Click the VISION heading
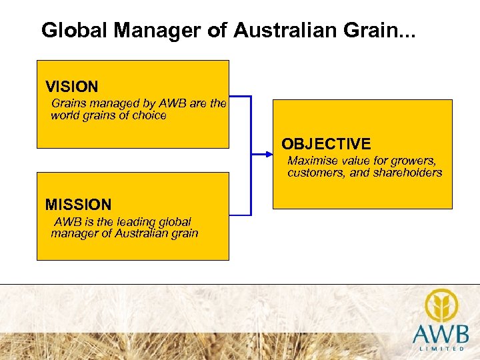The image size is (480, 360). click(71, 87)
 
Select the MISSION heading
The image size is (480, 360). click(78, 205)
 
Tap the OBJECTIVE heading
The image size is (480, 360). click(326, 144)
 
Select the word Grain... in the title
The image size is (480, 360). click(383, 30)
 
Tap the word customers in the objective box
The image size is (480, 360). click(314, 173)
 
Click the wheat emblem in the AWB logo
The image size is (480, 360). click(441, 305)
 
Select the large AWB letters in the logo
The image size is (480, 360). click(440, 334)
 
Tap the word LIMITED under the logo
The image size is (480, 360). click(443, 349)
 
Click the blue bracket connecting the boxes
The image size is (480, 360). click(251, 155)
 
